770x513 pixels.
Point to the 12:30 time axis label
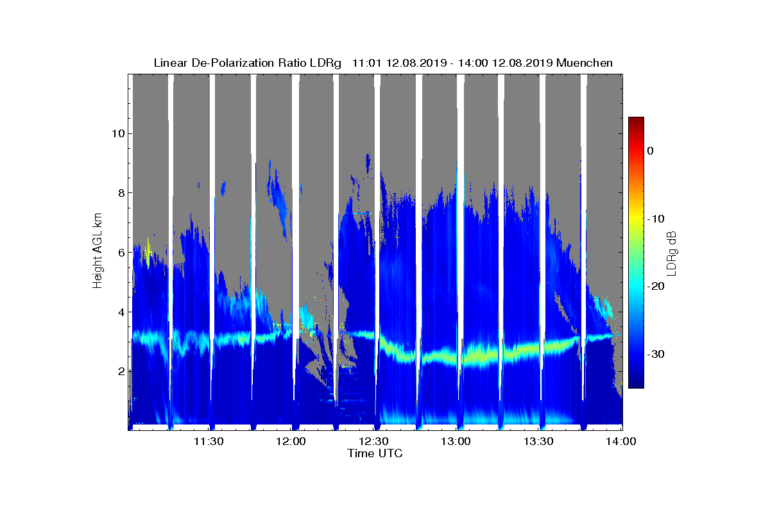(x=373, y=442)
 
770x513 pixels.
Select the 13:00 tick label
(x=456, y=442)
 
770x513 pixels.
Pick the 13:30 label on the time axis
(x=539, y=442)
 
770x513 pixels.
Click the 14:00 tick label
(x=621, y=442)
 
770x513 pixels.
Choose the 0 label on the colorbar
(x=650, y=151)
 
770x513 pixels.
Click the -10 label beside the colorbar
(x=656, y=219)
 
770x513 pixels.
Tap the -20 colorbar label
(x=656, y=287)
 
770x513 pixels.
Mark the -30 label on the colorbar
(x=656, y=355)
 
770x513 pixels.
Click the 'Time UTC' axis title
(x=375, y=453)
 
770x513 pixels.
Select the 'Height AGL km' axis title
(x=98, y=251)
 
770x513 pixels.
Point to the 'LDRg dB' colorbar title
(x=672, y=253)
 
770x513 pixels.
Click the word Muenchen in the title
(x=584, y=63)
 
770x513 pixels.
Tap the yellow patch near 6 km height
(x=148, y=252)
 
